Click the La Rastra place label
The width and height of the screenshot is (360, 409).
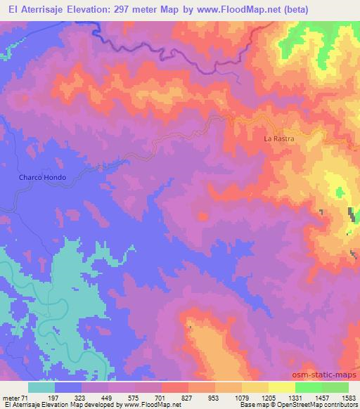(x=278, y=139)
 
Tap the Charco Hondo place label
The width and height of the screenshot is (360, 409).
(x=42, y=178)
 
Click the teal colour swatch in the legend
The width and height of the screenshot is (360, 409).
(x=41, y=387)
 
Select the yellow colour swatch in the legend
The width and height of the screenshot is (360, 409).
(x=281, y=387)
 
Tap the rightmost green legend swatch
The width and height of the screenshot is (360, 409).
(x=335, y=387)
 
